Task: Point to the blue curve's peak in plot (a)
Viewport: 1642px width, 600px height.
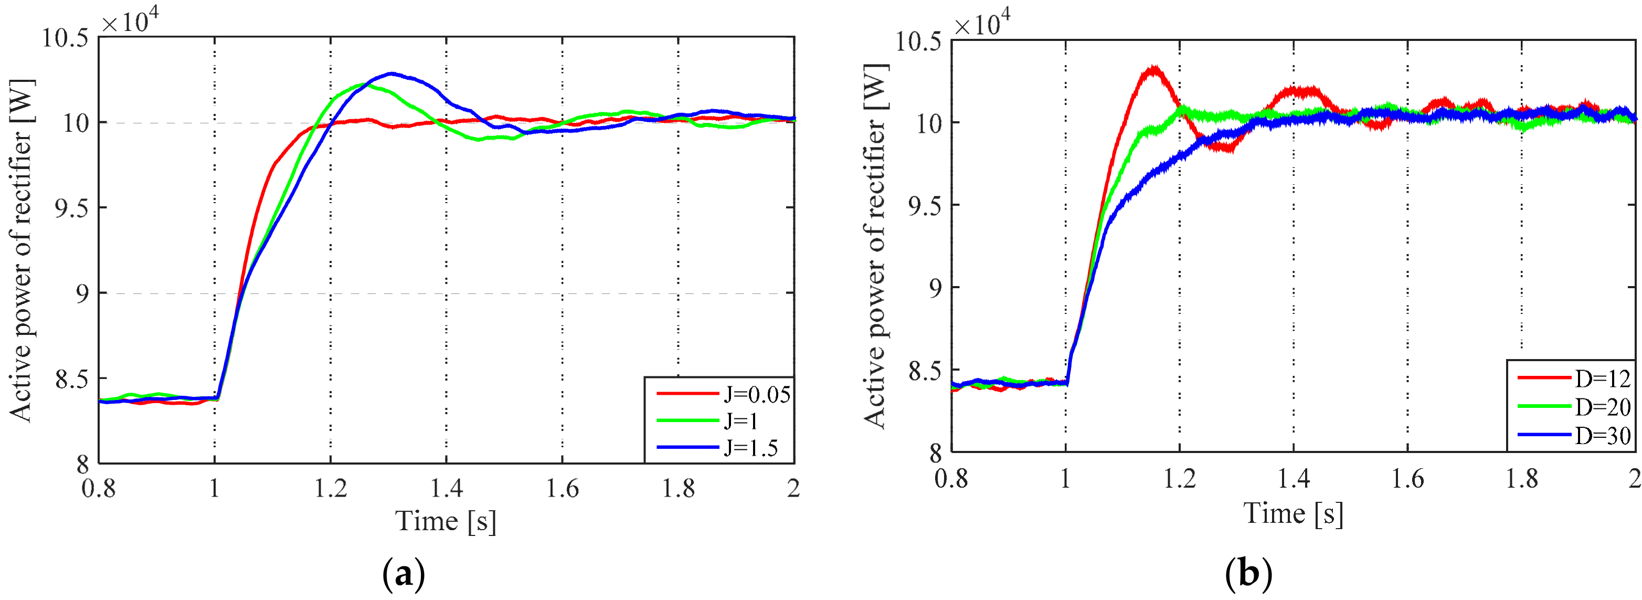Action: point(391,73)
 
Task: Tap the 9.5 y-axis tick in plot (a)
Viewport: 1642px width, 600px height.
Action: point(71,208)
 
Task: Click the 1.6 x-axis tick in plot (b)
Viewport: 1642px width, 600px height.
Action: point(1407,479)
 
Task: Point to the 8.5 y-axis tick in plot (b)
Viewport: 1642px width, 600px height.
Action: point(925,371)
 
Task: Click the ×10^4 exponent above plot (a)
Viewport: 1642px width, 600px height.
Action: point(130,21)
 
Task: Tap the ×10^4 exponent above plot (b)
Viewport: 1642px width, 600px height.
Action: point(982,24)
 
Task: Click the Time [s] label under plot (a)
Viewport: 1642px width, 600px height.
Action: point(446,522)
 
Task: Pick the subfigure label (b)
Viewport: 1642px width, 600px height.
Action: point(1248,574)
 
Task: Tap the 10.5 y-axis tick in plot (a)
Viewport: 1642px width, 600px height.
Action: point(65,38)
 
